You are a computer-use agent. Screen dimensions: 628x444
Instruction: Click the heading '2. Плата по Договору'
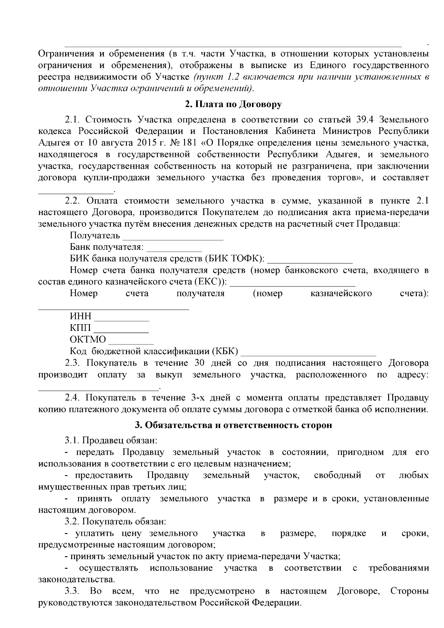[x=233, y=104]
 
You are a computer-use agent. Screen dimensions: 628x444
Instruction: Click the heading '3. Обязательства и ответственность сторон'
[x=233, y=425]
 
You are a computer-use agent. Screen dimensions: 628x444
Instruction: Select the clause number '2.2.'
[x=73, y=201]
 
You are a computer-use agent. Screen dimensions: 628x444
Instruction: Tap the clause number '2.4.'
[x=73, y=398]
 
